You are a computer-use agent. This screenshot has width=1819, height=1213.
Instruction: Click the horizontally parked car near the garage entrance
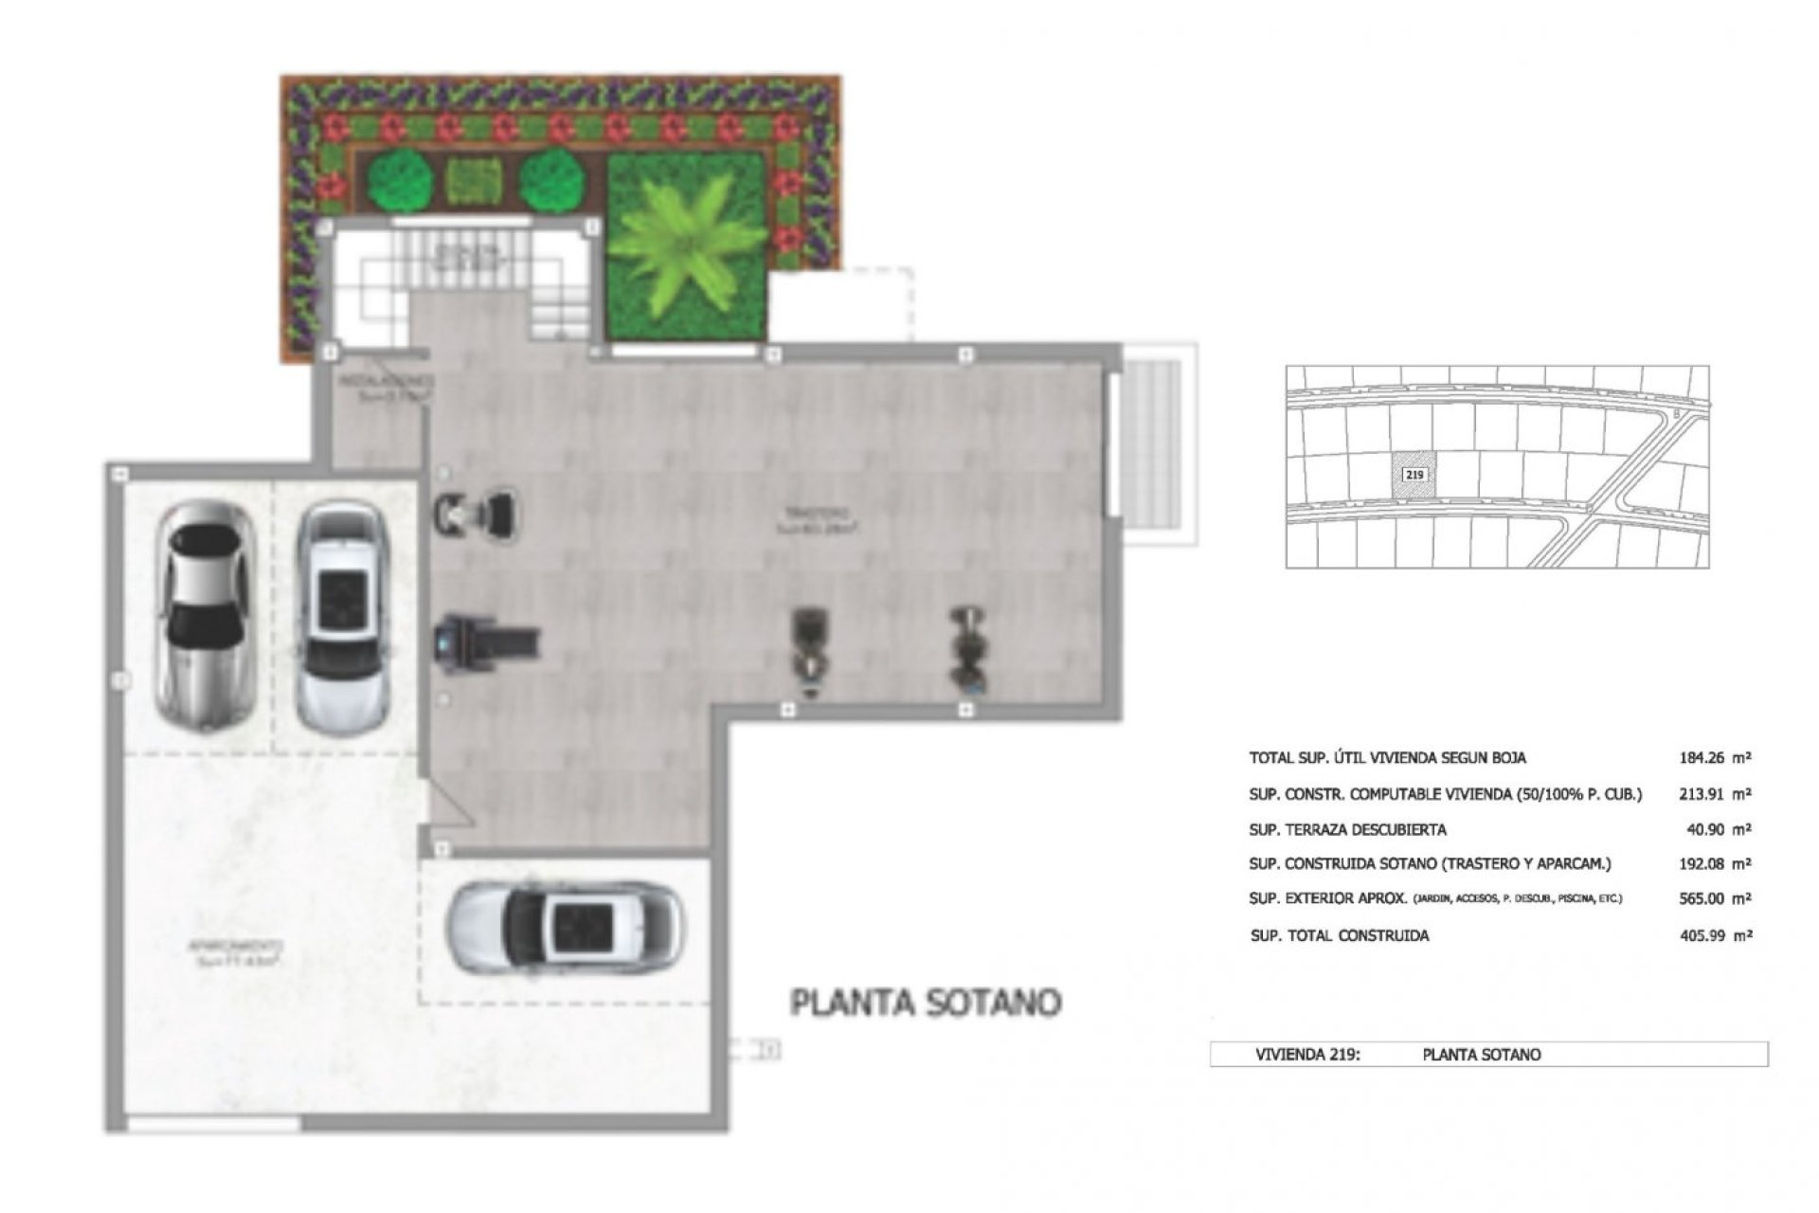pyautogui.click(x=566, y=929)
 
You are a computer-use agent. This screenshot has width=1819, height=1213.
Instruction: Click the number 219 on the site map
pyautogui.click(x=1414, y=475)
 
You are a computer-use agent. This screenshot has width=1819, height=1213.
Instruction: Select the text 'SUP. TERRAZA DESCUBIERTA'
pyautogui.click(x=1347, y=830)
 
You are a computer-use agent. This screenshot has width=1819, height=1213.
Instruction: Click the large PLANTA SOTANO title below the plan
pyautogui.click(x=926, y=1004)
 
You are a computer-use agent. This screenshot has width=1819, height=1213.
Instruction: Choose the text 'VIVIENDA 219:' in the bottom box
pyautogui.click(x=1307, y=1054)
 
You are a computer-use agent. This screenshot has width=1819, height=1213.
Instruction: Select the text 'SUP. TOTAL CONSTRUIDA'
pyautogui.click(x=1340, y=935)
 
